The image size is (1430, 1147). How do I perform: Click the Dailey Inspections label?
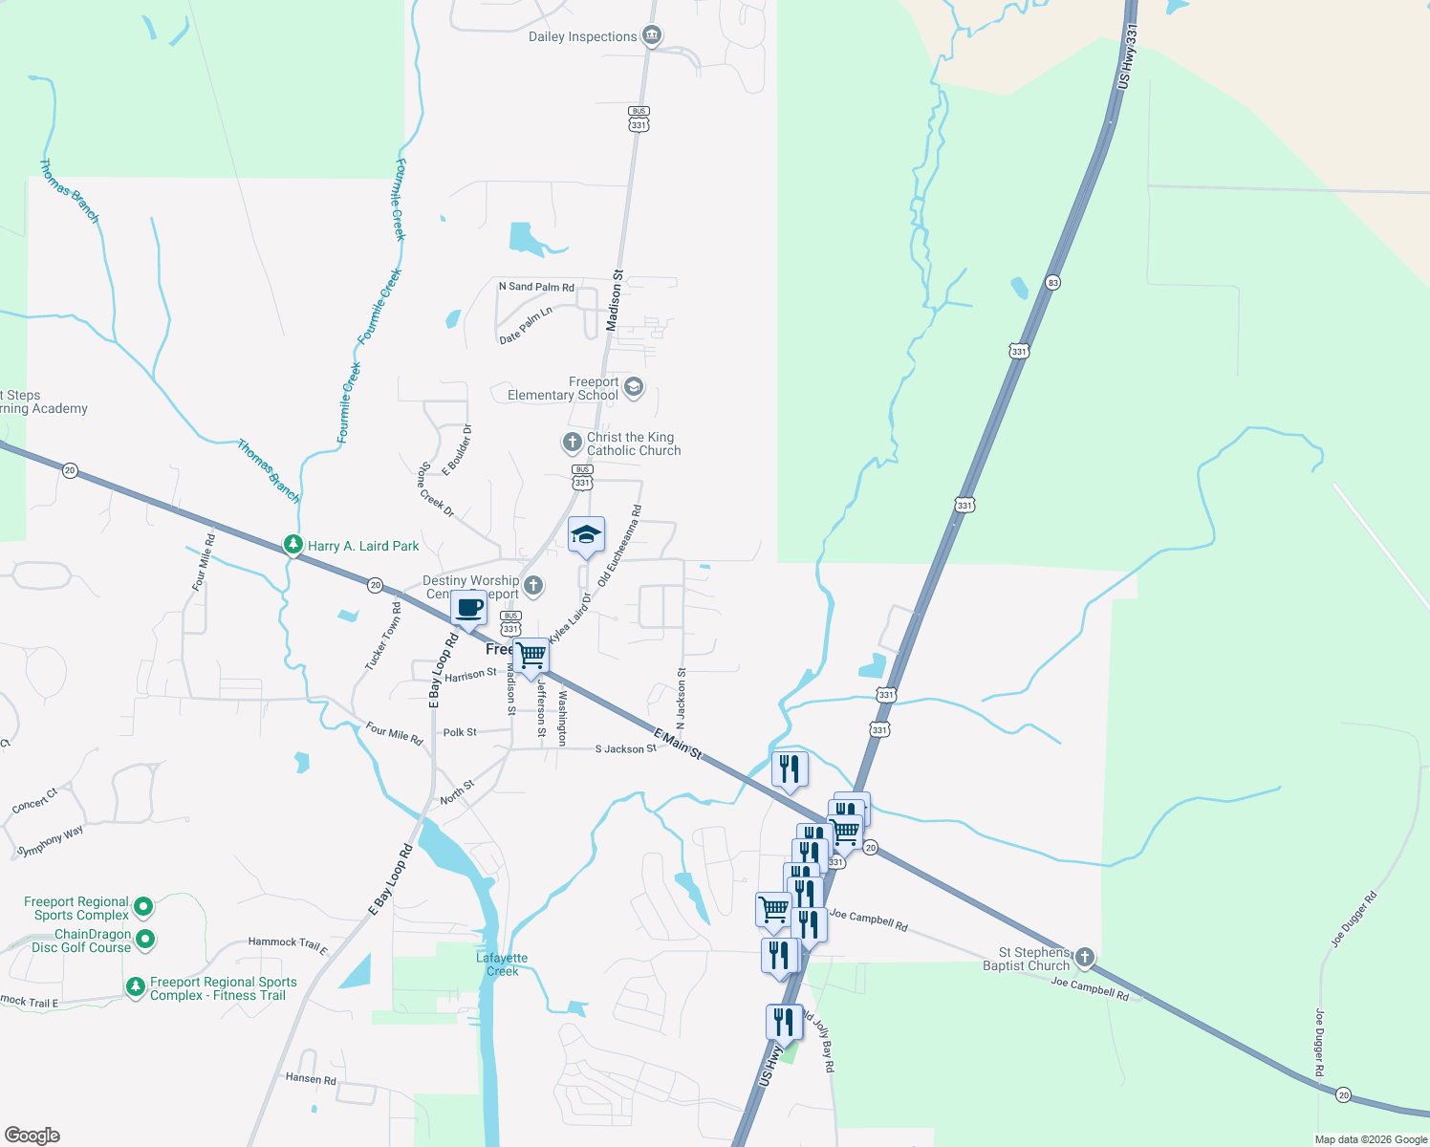click(x=582, y=37)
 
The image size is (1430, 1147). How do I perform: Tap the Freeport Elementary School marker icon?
click(x=633, y=387)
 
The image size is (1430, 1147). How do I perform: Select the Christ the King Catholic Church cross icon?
click(x=572, y=442)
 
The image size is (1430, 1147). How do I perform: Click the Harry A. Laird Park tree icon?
click(x=293, y=545)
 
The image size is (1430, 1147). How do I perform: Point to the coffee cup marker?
click(x=468, y=608)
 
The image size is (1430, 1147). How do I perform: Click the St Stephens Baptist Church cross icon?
click(x=1084, y=957)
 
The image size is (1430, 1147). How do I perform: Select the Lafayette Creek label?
click(x=502, y=964)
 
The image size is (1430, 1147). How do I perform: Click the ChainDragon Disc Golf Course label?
click(x=81, y=941)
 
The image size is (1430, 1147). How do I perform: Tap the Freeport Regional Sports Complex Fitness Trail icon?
click(x=136, y=985)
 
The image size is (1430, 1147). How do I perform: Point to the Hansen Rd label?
click(x=311, y=1078)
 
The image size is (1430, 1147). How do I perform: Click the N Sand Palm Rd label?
click(x=536, y=287)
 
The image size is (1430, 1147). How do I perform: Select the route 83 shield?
click(x=1052, y=283)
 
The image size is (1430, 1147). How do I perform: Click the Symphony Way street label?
click(x=52, y=841)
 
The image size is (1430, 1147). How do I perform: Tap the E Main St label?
click(x=678, y=744)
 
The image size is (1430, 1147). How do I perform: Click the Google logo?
click(x=32, y=1136)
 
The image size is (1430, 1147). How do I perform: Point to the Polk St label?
click(x=460, y=732)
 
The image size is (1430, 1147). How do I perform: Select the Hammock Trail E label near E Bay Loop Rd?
click(x=288, y=944)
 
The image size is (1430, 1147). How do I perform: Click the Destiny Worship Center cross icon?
click(x=533, y=585)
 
